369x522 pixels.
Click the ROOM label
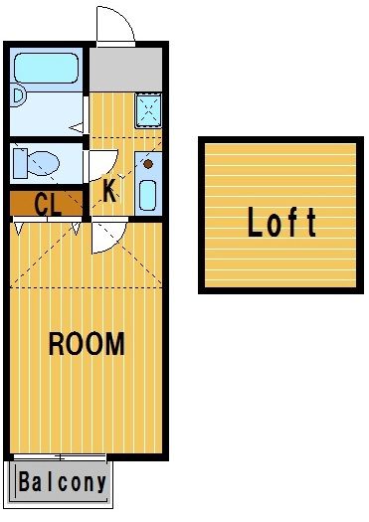tap(87, 343)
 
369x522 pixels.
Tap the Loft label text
tap(281, 222)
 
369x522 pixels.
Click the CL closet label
tap(48, 204)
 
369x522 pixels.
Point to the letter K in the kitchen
tap(109, 191)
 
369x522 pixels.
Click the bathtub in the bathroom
tap(47, 68)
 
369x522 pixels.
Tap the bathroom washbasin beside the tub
tap(17, 95)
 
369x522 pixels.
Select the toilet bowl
tap(43, 163)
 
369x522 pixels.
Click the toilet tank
tap(20, 163)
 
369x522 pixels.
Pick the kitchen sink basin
tap(148, 196)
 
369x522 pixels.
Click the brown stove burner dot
tap(148, 164)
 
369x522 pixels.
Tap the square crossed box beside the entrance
tap(148, 110)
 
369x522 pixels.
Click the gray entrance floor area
tap(126, 70)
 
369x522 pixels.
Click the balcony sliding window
tap(60, 456)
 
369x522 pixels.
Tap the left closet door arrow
tap(18, 229)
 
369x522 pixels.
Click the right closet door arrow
tap(77, 229)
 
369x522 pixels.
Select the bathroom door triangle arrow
tap(77, 128)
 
